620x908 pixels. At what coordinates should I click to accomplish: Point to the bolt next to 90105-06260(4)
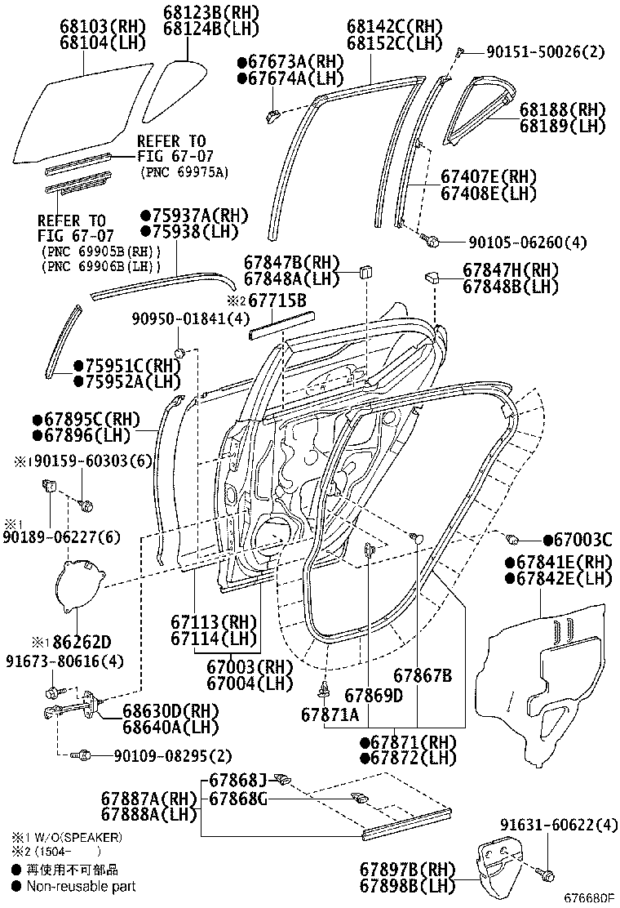[433, 241]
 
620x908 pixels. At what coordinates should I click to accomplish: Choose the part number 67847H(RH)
[511, 270]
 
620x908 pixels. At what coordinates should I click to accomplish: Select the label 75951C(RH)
[131, 365]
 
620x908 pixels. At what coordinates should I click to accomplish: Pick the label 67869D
[374, 695]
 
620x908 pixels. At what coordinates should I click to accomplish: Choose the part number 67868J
[238, 780]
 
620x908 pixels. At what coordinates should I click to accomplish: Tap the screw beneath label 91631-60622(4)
[547, 875]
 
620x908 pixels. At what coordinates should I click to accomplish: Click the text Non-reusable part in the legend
[81, 886]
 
